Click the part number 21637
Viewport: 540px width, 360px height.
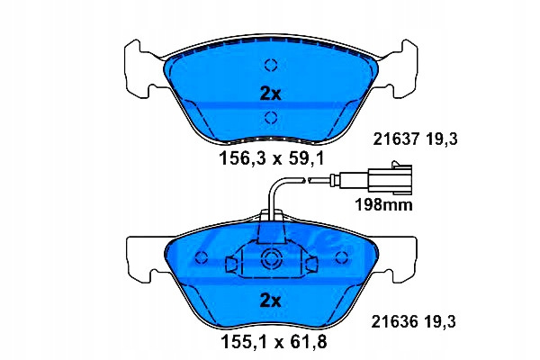click(396, 139)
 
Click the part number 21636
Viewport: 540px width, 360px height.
click(395, 322)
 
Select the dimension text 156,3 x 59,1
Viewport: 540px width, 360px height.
click(272, 158)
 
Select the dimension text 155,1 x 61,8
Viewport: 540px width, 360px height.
click(274, 342)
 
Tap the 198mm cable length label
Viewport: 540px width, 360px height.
click(383, 205)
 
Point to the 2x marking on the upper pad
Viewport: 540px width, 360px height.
click(270, 94)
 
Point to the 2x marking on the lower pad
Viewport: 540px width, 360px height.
click(270, 301)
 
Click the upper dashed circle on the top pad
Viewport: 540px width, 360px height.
click(271, 65)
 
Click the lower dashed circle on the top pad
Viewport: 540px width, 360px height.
click(271, 117)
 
